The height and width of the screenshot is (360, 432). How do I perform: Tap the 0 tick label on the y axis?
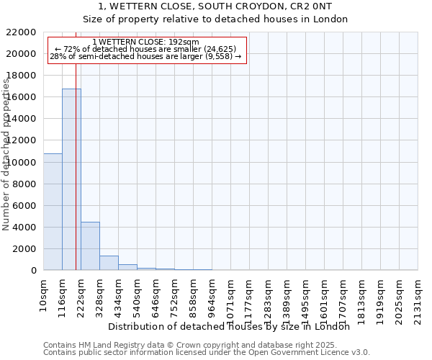pyautogui.click(x=33, y=271)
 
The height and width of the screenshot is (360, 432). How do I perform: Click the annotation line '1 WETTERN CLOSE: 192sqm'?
pyautogui.click(x=146, y=42)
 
